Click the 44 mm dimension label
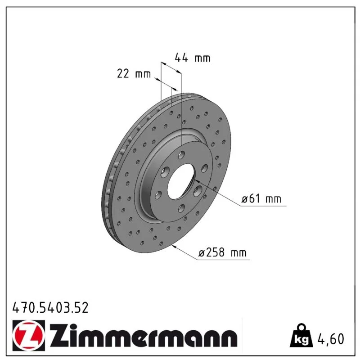[193, 58]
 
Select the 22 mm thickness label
[134, 74]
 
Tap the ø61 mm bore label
[261, 199]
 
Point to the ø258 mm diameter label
[222, 253]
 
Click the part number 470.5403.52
[50, 308]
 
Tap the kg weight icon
[301, 336]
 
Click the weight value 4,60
[331, 339]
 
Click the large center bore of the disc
[181, 181]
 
